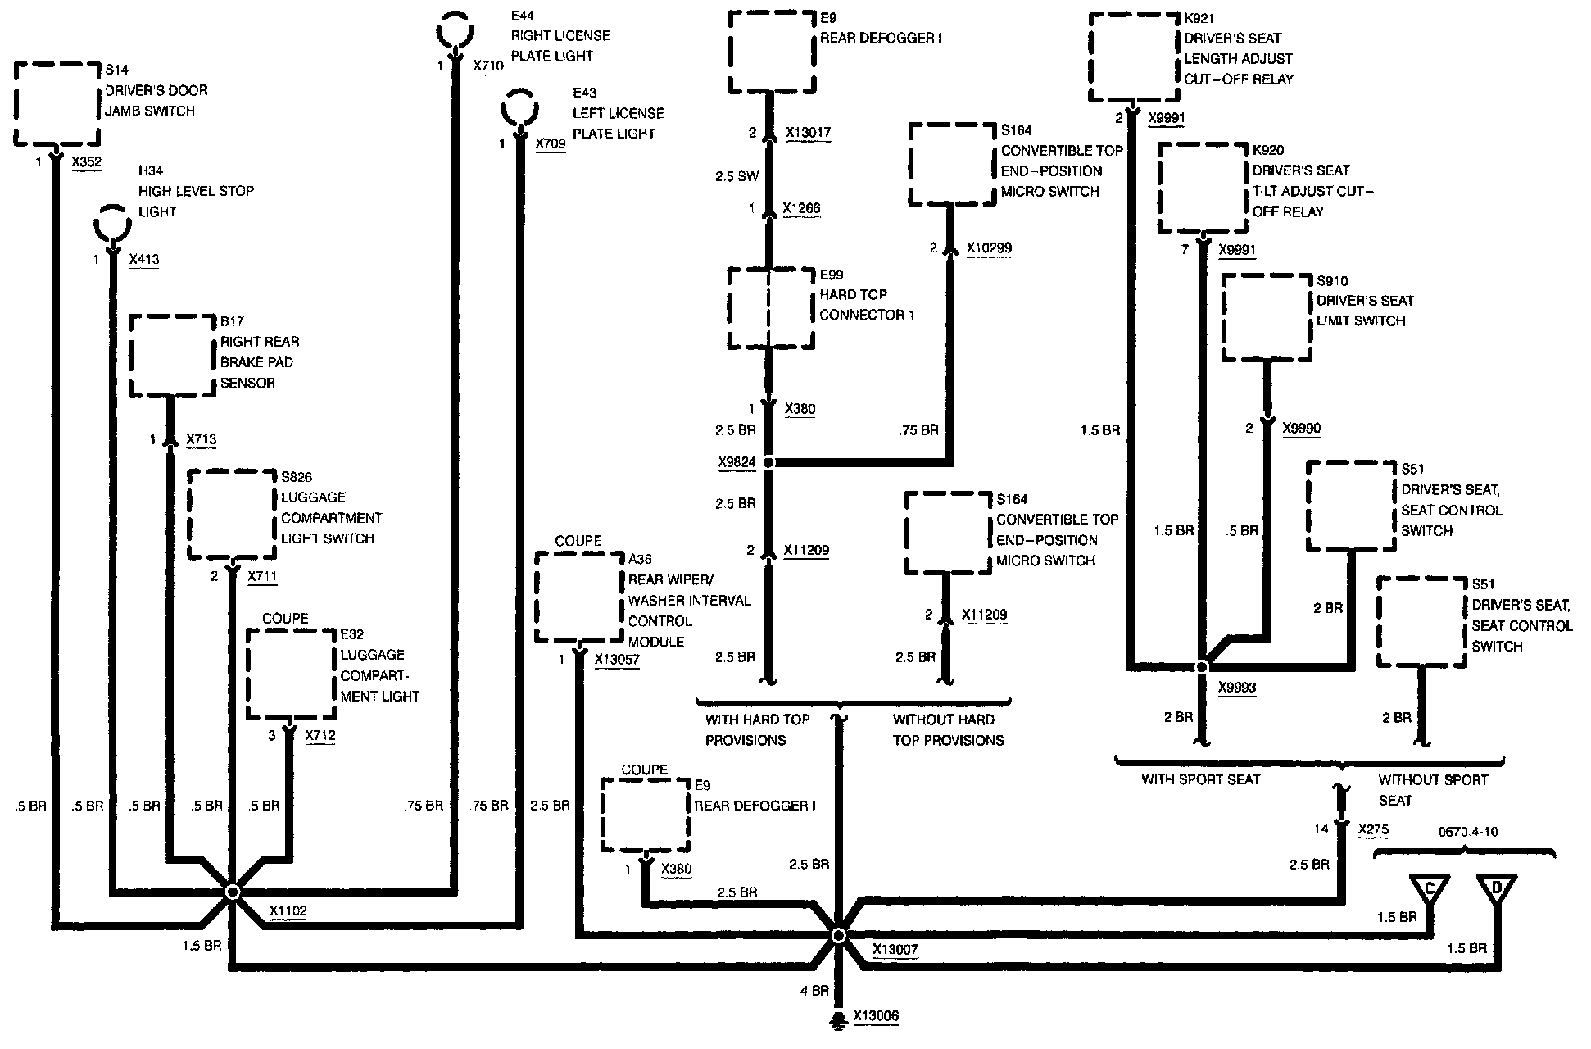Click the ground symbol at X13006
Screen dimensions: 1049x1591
click(x=838, y=1019)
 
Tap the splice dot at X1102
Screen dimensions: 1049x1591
click(x=233, y=892)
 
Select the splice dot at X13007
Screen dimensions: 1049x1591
click(x=838, y=935)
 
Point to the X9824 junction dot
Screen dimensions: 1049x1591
click(x=768, y=463)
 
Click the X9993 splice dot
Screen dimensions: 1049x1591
click(x=1202, y=667)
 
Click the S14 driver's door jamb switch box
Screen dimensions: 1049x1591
click(x=57, y=103)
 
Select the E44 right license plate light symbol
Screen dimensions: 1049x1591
click(x=454, y=33)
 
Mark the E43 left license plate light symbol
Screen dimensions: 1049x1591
click(x=519, y=110)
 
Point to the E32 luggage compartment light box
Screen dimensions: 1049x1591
click(x=291, y=674)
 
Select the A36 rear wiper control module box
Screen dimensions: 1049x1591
click(x=579, y=597)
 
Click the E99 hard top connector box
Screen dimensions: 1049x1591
click(x=770, y=307)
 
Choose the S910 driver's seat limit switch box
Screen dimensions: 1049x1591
click(x=1267, y=317)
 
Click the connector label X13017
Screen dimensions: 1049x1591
click(x=808, y=132)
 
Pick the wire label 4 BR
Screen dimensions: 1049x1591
click(x=814, y=991)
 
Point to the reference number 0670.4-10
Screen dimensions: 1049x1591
click(x=1467, y=832)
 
